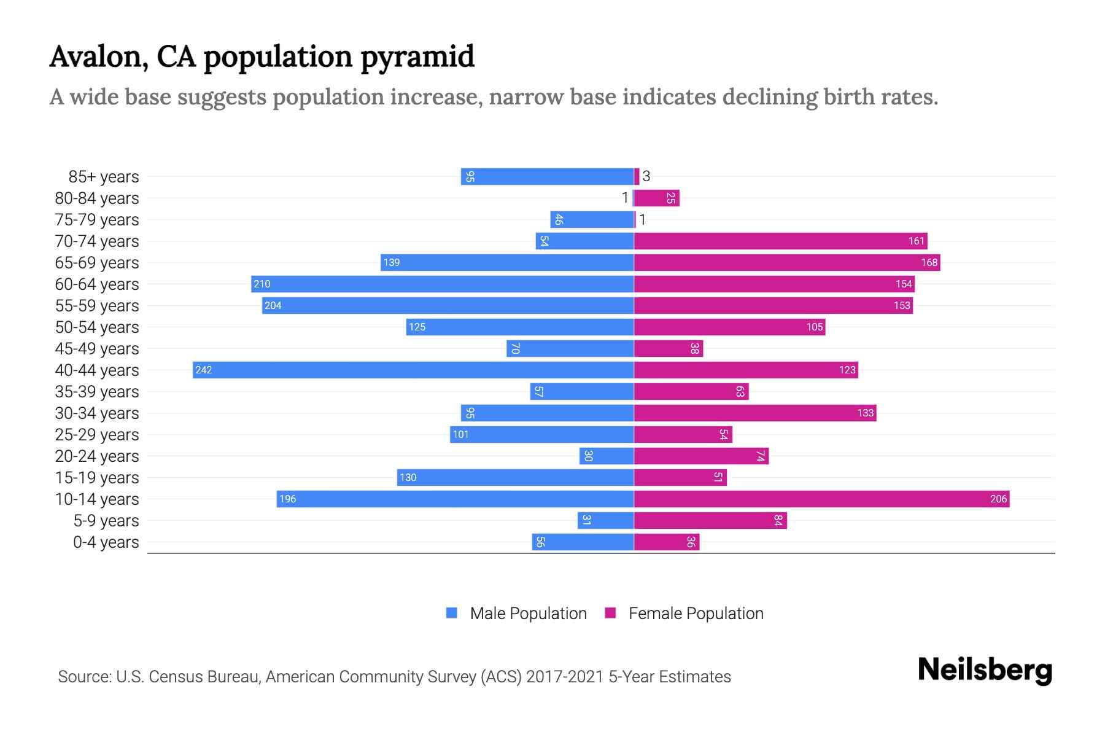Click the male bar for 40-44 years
tap(413, 370)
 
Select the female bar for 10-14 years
tap(821, 499)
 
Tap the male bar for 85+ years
tap(547, 176)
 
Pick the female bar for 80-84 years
tap(656, 198)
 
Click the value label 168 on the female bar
tap(929, 262)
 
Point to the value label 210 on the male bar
tap(262, 284)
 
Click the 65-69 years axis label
tap(97, 262)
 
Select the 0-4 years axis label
tap(106, 542)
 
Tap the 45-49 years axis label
tap(97, 348)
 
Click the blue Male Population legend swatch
tap(452, 613)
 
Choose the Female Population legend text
tap(696, 613)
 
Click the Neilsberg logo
tap(985, 670)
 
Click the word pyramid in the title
tap(417, 57)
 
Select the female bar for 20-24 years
tap(701, 456)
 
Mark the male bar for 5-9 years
tap(605, 520)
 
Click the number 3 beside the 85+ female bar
tap(646, 176)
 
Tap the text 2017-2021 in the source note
tap(564, 676)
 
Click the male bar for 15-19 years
tap(515, 477)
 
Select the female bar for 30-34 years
tap(755, 413)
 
